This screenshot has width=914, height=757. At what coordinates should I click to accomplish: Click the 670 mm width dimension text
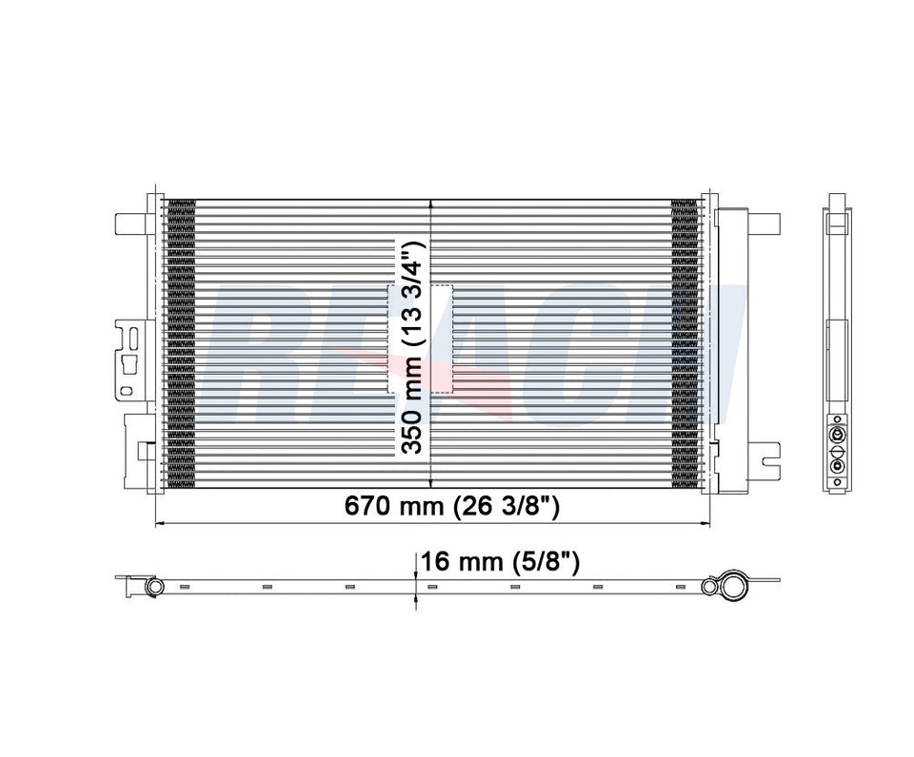[451, 507]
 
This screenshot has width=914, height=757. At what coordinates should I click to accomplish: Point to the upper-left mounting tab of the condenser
[128, 223]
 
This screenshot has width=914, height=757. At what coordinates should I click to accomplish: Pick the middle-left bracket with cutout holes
[129, 359]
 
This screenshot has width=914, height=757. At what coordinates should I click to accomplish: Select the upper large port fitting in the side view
[837, 435]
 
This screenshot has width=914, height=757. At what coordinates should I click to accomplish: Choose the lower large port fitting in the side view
[837, 466]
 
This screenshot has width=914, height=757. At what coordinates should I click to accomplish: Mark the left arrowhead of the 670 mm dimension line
[159, 523]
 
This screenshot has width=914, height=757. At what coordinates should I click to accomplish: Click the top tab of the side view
[837, 202]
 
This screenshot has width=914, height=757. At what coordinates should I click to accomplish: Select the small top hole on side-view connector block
[837, 418]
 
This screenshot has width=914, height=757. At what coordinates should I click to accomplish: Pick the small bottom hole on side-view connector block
[837, 482]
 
